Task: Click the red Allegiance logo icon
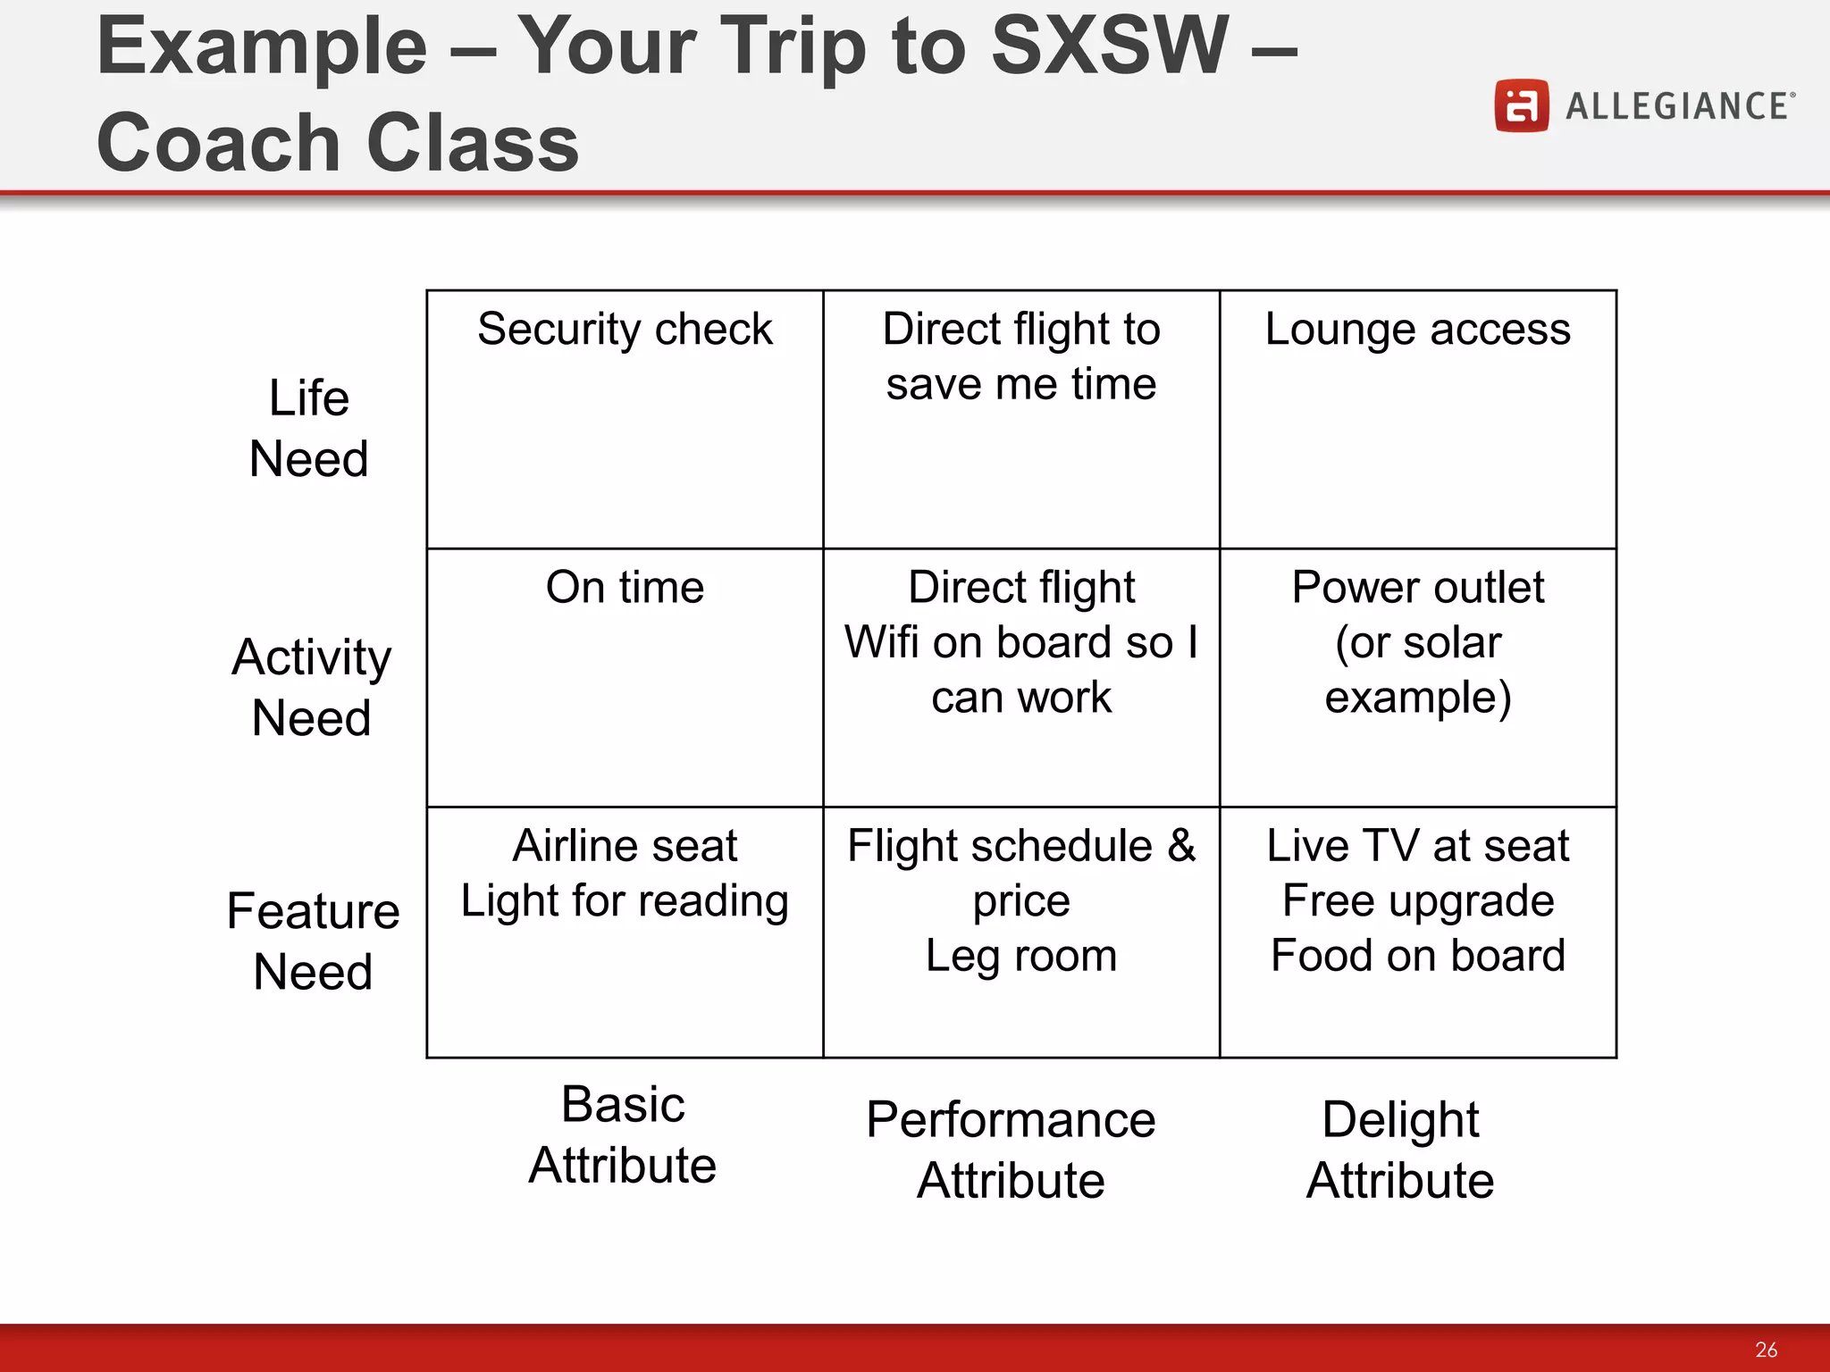tap(1521, 106)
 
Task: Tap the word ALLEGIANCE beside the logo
tap(1677, 106)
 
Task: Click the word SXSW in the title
tap(1110, 46)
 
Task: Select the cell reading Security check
tap(625, 330)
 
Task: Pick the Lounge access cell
tap(1417, 330)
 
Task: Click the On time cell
tap(625, 588)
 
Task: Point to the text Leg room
tap(1020, 956)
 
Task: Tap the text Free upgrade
tap(1417, 900)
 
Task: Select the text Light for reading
tap(625, 900)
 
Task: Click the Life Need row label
tap(309, 428)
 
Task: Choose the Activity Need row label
tap(311, 687)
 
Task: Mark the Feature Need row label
tap(313, 941)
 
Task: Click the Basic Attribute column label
tap(623, 1134)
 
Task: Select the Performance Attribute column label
tap(1011, 1150)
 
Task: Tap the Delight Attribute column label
tap(1400, 1150)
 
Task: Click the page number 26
tap(1766, 1349)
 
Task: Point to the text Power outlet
tap(1417, 588)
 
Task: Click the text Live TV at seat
tap(1417, 846)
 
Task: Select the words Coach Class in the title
tap(338, 143)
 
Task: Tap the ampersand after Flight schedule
tap(1181, 846)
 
